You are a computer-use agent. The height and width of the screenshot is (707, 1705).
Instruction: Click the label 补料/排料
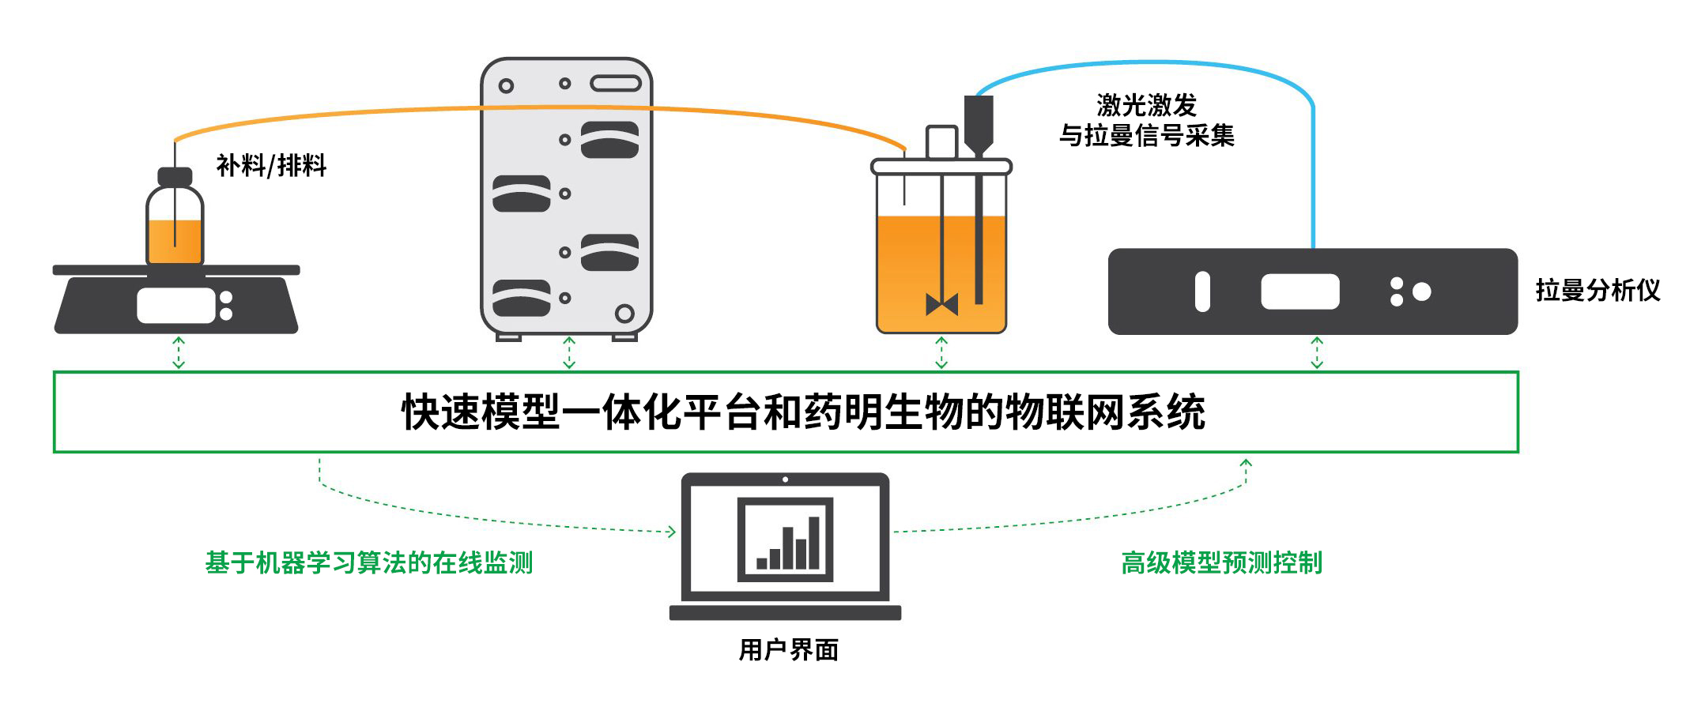[x=271, y=166]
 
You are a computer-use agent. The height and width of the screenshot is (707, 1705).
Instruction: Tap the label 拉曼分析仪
[x=1597, y=291]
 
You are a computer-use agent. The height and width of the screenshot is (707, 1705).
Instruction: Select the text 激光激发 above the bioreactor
[x=1146, y=105]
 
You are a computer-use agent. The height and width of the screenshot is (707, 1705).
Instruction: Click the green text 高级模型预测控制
[x=1221, y=563]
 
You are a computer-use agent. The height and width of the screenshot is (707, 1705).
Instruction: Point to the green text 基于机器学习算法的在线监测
[x=369, y=563]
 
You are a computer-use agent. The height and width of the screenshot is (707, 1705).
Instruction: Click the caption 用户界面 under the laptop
[x=788, y=650]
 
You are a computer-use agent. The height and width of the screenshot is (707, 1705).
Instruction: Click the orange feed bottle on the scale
[x=175, y=237]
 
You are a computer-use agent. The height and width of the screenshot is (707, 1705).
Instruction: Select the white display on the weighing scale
[x=175, y=306]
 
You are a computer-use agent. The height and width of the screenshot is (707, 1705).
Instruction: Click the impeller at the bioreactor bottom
[x=941, y=304]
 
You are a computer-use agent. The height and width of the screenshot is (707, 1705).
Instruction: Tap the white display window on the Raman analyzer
[x=1299, y=291]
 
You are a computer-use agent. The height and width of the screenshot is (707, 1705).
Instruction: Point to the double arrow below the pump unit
[x=569, y=353]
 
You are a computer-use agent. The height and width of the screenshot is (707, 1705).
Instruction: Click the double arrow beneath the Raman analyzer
[x=1317, y=353]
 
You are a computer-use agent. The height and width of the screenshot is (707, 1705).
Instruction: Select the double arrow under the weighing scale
[x=179, y=353]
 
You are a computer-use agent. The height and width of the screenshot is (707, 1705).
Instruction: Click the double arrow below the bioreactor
[x=941, y=353]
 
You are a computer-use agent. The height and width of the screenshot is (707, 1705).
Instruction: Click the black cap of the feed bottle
[x=175, y=176]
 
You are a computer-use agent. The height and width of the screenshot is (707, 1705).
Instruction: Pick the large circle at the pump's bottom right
[x=624, y=314]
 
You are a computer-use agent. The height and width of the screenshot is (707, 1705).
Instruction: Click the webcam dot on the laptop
[x=785, y=479]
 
